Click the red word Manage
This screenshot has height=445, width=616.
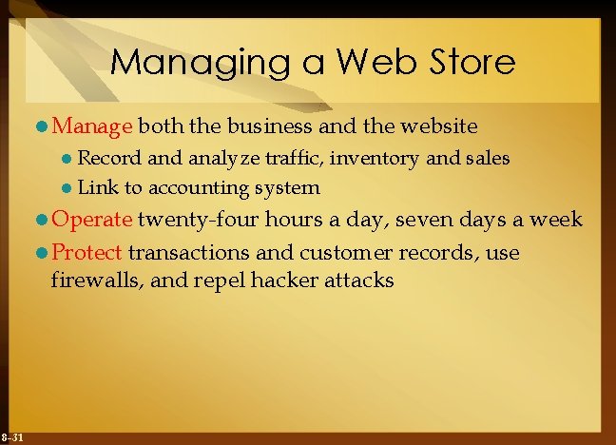(94, 125)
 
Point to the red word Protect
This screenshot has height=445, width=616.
(87, 253)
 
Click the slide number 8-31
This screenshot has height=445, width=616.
(12, 436)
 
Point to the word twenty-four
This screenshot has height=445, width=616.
(198, 219)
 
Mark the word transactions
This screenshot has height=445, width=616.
(188, 253)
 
